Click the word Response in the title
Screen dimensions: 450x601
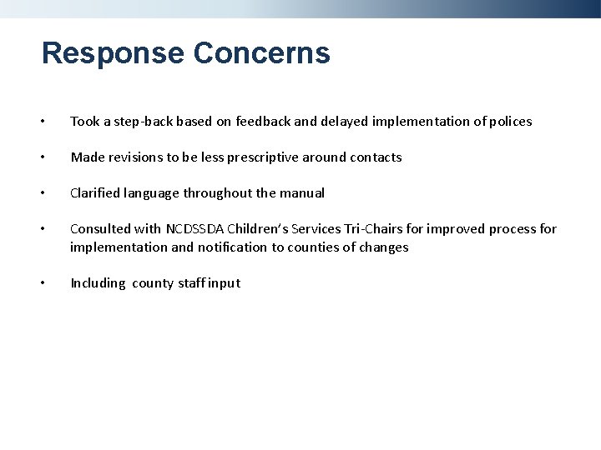click(113, 54)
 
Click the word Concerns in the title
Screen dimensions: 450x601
click(261, 54)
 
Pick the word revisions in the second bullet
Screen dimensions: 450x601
click(138, 157)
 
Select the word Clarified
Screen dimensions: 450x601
click(96, 193)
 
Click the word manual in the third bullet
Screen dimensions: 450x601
click(303, 193)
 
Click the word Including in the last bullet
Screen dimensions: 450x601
click(97, 283)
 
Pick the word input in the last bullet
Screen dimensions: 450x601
click(224, 283)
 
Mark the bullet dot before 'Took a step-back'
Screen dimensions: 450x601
click(45, 122)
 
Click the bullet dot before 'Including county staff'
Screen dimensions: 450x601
click(45, 283)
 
